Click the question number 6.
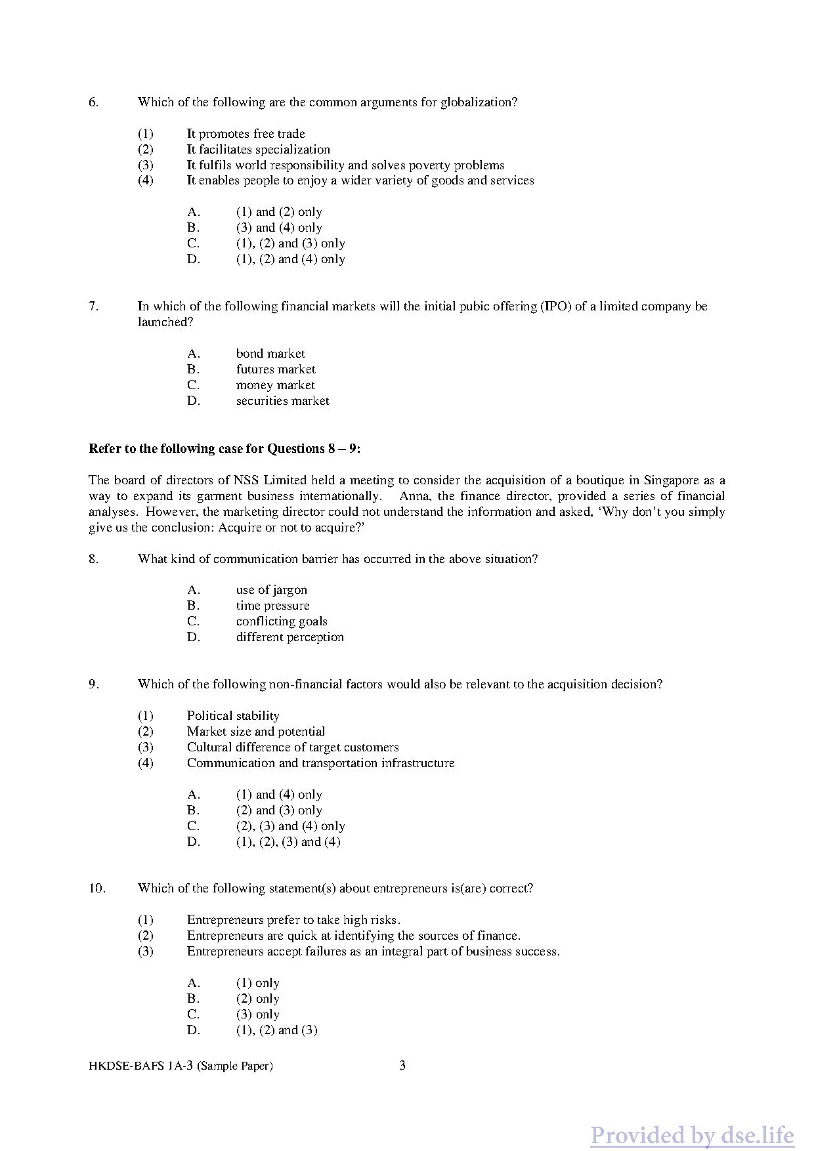(x=94, y=102)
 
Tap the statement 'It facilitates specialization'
(x=258, y=150)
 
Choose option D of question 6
(x=290, y=259)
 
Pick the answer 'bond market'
(x=270, y=354)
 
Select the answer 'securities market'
(x=282, y=401)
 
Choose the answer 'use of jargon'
(x=271, y=590)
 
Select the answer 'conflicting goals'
(x=282, y=621)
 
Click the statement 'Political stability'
(x=233, y=716)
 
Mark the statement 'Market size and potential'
(x=255, y=732)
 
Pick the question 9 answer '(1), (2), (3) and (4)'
(x=288, y=842)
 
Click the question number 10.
(x=96, y=889)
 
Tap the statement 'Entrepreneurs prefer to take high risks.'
(x=293, y=920)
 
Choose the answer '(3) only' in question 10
(x=257, y=1015)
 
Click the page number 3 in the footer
(x=402, y=1066)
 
